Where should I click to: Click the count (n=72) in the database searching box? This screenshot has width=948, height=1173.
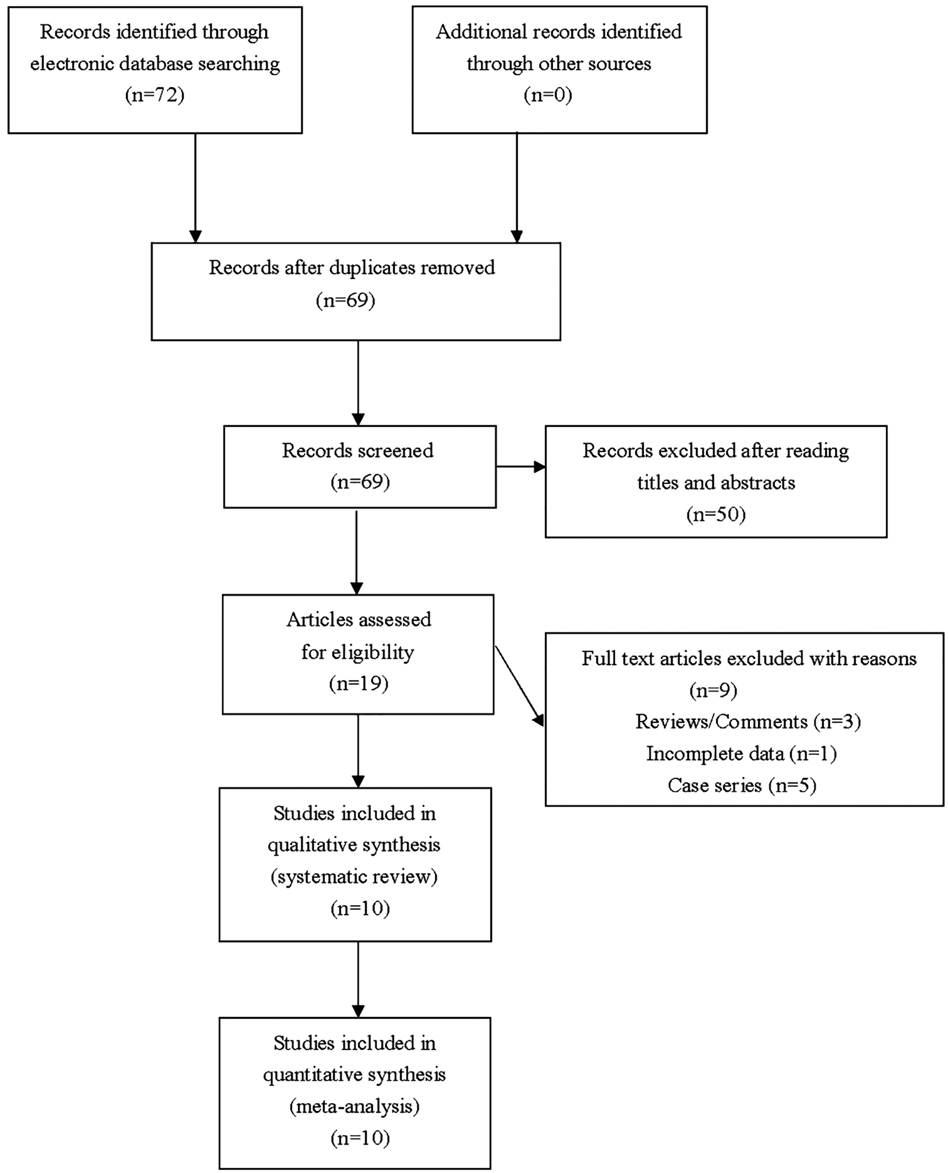click(x=155, y=95)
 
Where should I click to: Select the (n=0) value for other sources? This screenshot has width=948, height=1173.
click(x=548, y=95)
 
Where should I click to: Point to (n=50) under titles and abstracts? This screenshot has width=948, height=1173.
click(x=716, y=515)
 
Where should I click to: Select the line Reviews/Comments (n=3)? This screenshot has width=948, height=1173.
click(x=748, y=721)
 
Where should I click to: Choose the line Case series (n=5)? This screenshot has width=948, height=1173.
click(x=742, y=785)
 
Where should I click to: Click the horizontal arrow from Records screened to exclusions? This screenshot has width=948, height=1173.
click(x=521, y=467)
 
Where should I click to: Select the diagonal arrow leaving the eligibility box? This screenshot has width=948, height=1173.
click(x=519, y=687)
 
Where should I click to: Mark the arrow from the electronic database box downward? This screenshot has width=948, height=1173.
click(x=195, y=188)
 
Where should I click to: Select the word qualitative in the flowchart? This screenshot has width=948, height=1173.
click(x=308, y=845)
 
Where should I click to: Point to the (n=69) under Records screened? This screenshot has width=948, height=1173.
click(x=360, y=482)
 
